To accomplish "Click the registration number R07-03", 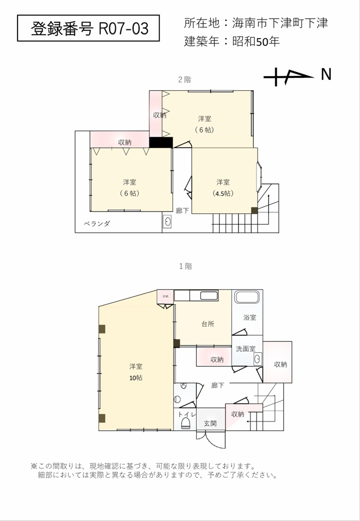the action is (x=124, y=29).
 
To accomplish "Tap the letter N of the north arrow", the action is (x=326, y=74).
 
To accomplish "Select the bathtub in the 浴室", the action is (x=247, y=297).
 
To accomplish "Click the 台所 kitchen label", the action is (x=208, y=324).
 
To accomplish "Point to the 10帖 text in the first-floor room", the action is (x=136, y=378).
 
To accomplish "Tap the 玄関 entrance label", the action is (x=210, y=423).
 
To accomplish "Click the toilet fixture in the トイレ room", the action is (x=185, y=423).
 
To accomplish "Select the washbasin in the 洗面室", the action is (x=258, y=359).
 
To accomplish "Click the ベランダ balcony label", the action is (x=96, y=224).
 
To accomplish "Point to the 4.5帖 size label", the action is (x=223, y=193).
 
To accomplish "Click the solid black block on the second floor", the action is (x=161, y=142).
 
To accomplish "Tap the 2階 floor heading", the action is (x=184, y=80).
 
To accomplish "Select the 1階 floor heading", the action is (x=185, y=266).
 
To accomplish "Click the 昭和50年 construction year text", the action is (x=256, y=42).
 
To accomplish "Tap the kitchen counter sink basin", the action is (x=209, y=296).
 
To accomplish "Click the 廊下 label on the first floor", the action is (x=218, y=385).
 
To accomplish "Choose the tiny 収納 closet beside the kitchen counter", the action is (x=166, y=296).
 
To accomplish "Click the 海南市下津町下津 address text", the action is (x=280, y=23).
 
